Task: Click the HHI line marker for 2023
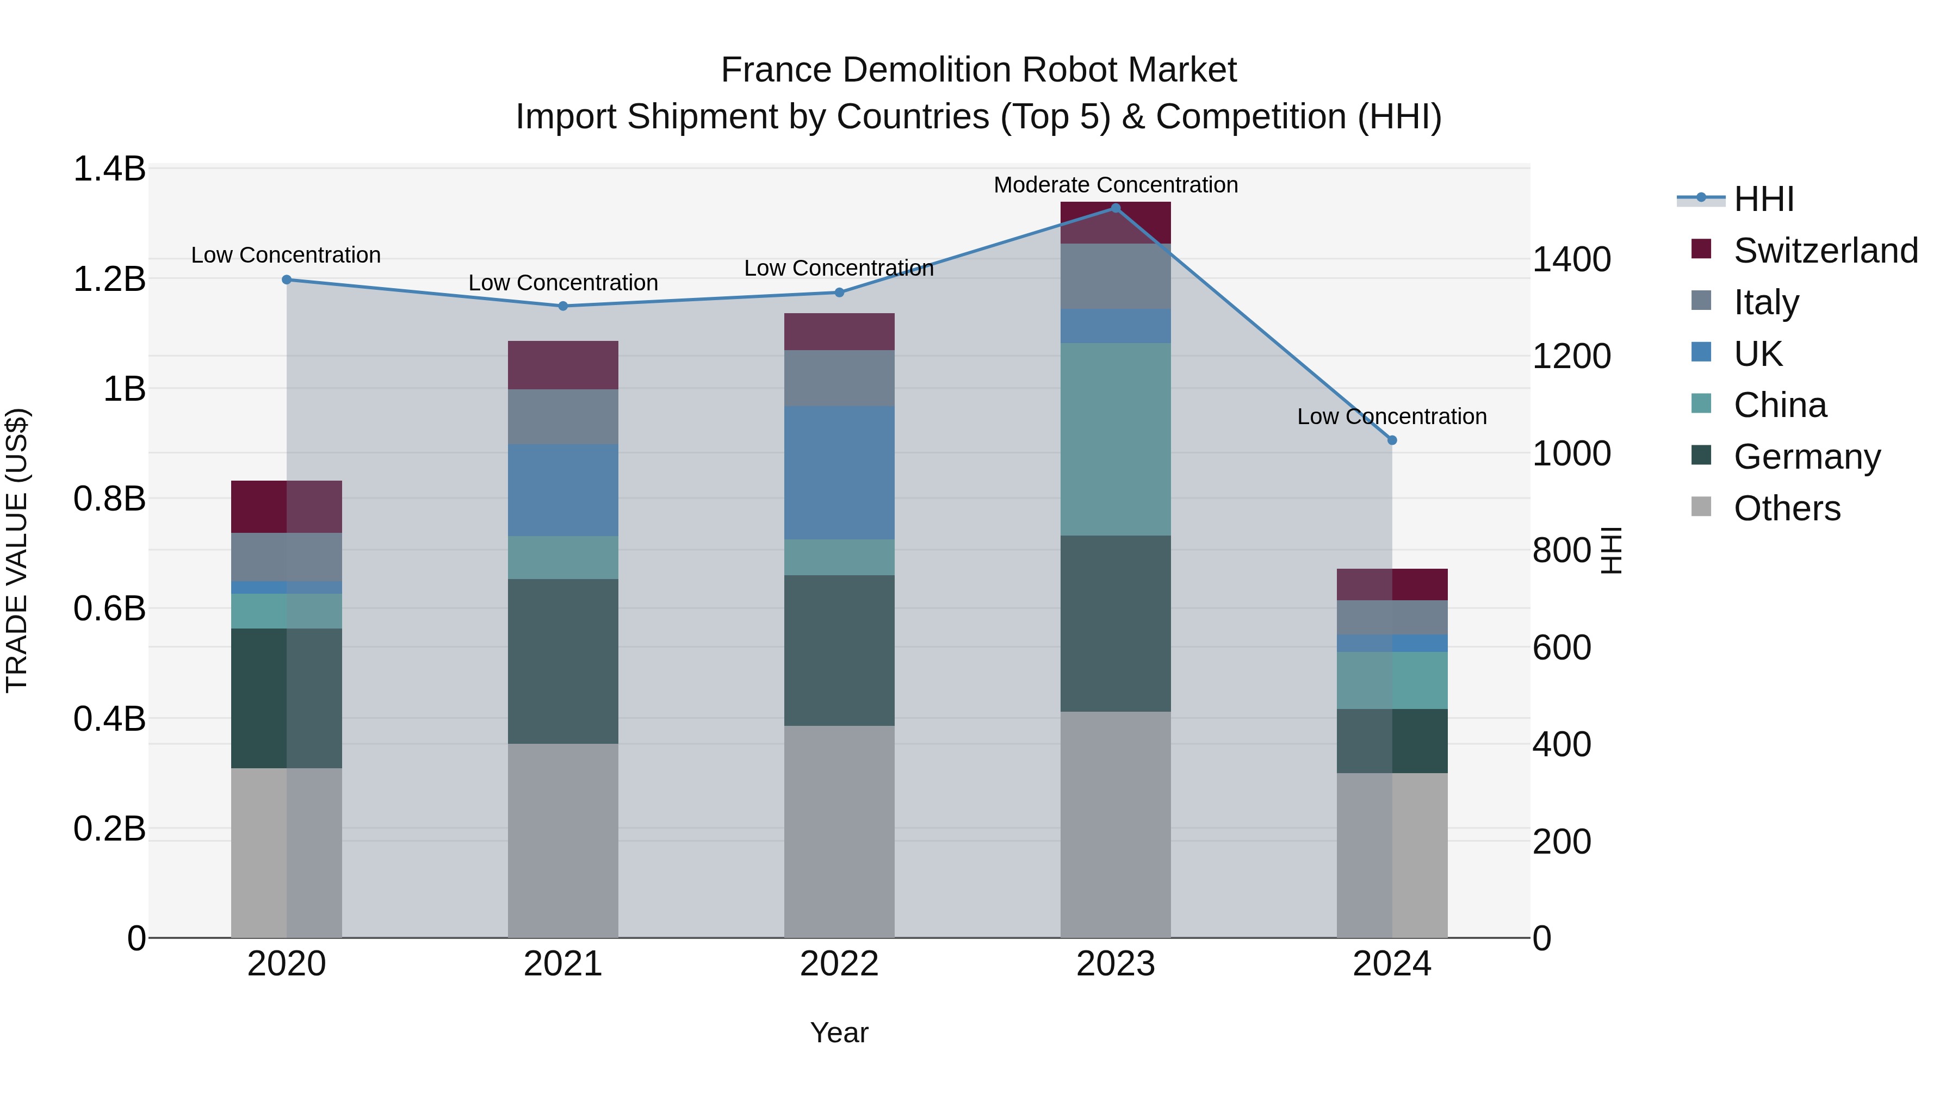point(1115,208)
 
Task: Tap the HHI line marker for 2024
point(1392,440)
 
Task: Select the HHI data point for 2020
point(287,279)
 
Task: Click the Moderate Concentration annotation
point(1115,185)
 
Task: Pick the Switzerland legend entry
point(1824,251)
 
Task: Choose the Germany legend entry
point(1806,457)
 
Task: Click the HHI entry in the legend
point(1763,199)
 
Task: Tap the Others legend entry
point(1786,508)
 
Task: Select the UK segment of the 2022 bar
point(839,472)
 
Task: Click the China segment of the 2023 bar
point(1115,439)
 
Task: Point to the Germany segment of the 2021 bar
point(562,661)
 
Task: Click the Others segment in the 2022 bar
point(839,831)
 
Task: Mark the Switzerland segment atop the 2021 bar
point(562,365)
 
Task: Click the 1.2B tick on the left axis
point(109,279)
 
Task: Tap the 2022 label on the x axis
point(839,964)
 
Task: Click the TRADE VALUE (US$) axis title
point(17,550)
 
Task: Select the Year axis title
point(839,1032)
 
